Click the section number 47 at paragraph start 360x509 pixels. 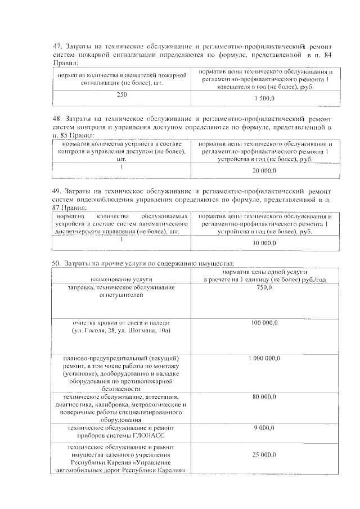pyautogui.click(x=57, y=46)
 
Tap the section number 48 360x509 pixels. pyautogui.click(x=57, y=119)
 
